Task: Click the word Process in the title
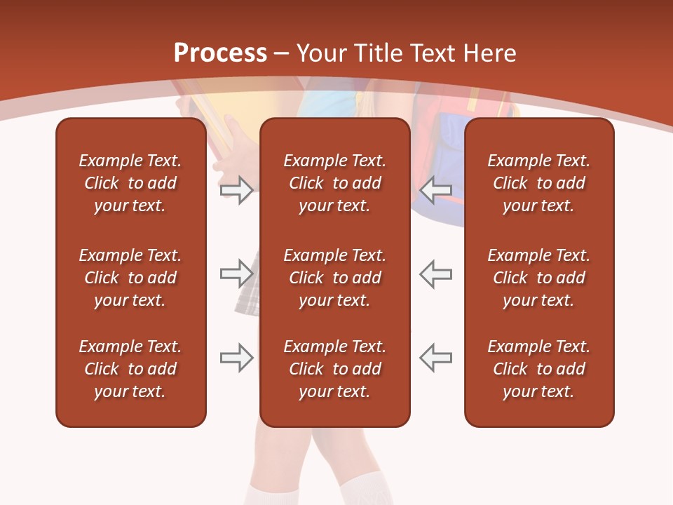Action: (x=220, y=53)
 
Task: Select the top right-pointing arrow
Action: (x=236, y=190)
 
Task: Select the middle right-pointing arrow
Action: (x=236, y=274)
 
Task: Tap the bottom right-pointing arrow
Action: (x=236, y=358)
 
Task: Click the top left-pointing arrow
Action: (x=436, y=190)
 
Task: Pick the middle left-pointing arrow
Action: (x=436, y=274)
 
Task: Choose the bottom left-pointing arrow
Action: (x=436, y=358)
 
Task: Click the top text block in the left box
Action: (x=130, y=183)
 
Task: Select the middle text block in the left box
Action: (x=130, y=278)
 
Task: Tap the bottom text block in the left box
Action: (x=130, y=369)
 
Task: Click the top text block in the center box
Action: (x=334, y=183)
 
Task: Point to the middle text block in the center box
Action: (x=334, y=278)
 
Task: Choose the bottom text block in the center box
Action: (x=334, y=369)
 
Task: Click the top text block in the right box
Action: (x=538, y=183)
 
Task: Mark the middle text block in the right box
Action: (x=538, y=278)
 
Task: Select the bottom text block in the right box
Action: (x=538, y=369)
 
